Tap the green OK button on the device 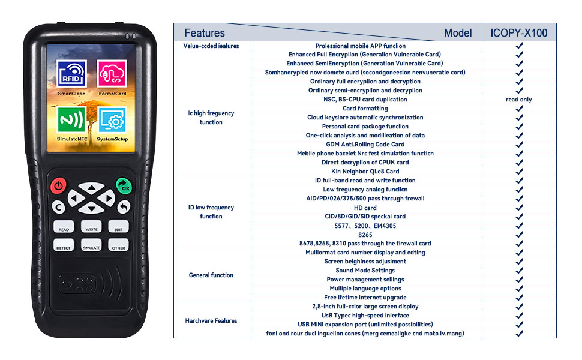124,186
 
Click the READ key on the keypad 64,227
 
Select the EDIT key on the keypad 118,227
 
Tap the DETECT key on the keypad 64,245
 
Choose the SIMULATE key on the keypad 91,245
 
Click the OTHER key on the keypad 118,245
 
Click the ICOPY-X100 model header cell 518,33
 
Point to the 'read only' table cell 518,100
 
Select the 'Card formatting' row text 365,109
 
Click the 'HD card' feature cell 365,208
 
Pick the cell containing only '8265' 365,235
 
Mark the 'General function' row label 211,275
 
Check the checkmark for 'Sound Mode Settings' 519,271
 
